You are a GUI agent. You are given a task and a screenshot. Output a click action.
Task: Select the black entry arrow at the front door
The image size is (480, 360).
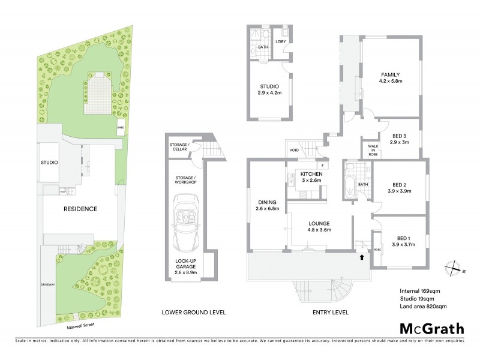[362, 257]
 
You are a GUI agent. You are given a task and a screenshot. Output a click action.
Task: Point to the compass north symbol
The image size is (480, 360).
[454, 267]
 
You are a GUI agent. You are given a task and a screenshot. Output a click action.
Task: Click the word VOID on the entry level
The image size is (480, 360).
[294, 151]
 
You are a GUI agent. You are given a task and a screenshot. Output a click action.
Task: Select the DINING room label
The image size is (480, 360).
[266, 202]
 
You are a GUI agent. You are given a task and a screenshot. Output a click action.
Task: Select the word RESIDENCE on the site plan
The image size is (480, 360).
[80, 209]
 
